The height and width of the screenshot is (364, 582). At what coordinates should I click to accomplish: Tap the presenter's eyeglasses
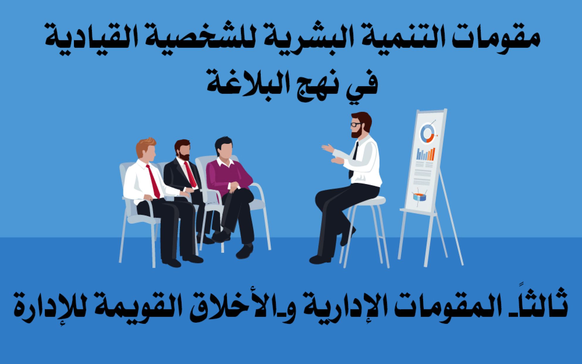356,124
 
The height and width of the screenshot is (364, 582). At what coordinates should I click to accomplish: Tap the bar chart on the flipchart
426,154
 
